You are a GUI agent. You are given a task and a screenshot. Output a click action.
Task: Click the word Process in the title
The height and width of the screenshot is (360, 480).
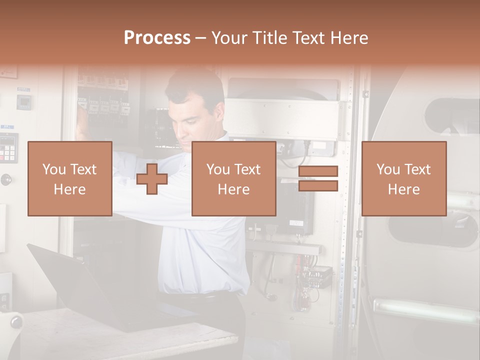157,38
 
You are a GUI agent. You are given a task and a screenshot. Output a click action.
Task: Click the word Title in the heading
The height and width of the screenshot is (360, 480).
270,38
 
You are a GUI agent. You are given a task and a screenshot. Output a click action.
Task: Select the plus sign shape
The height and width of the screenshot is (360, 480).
152,179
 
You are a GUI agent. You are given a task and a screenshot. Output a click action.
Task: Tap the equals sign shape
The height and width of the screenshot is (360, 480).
318,179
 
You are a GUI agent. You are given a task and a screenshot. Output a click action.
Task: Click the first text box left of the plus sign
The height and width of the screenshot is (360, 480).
69,178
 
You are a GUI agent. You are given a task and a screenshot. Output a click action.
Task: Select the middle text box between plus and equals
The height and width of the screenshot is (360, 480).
233,178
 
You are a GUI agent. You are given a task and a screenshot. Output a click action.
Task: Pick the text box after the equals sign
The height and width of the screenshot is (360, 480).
403,178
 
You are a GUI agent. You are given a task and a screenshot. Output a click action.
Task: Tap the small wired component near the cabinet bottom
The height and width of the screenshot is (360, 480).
318,274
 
